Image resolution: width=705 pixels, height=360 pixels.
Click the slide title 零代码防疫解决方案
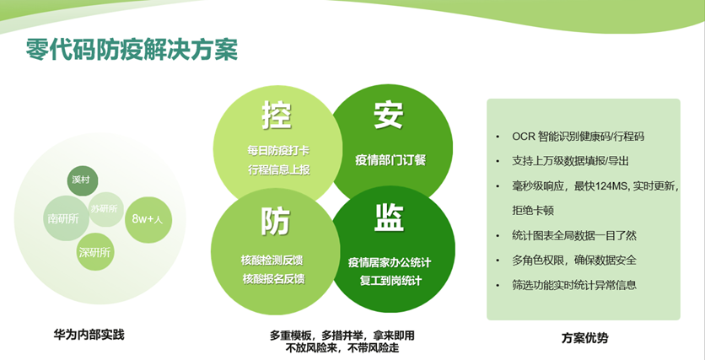[132, 50]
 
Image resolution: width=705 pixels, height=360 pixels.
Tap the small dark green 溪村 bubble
[83, 180]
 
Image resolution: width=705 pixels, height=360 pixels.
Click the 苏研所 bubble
[105, 209]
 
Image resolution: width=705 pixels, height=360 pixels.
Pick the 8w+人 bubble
[148, 219]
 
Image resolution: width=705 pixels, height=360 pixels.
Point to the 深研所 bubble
[94, 252]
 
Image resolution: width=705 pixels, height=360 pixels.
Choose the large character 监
[389, 218]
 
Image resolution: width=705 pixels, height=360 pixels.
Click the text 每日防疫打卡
[278, 151]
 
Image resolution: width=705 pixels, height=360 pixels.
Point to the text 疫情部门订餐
[390, 160]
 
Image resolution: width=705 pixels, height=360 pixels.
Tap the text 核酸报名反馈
[273, 279]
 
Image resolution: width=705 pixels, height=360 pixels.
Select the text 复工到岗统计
[390, 281]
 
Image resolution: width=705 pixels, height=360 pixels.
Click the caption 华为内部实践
[89, 335]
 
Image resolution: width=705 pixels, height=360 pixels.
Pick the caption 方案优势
[584, 337]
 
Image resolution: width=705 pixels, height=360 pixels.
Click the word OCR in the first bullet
[523, 137]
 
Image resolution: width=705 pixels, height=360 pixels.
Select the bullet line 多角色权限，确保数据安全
[573, 261]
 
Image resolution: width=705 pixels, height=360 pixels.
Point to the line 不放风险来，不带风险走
[342, 348]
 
